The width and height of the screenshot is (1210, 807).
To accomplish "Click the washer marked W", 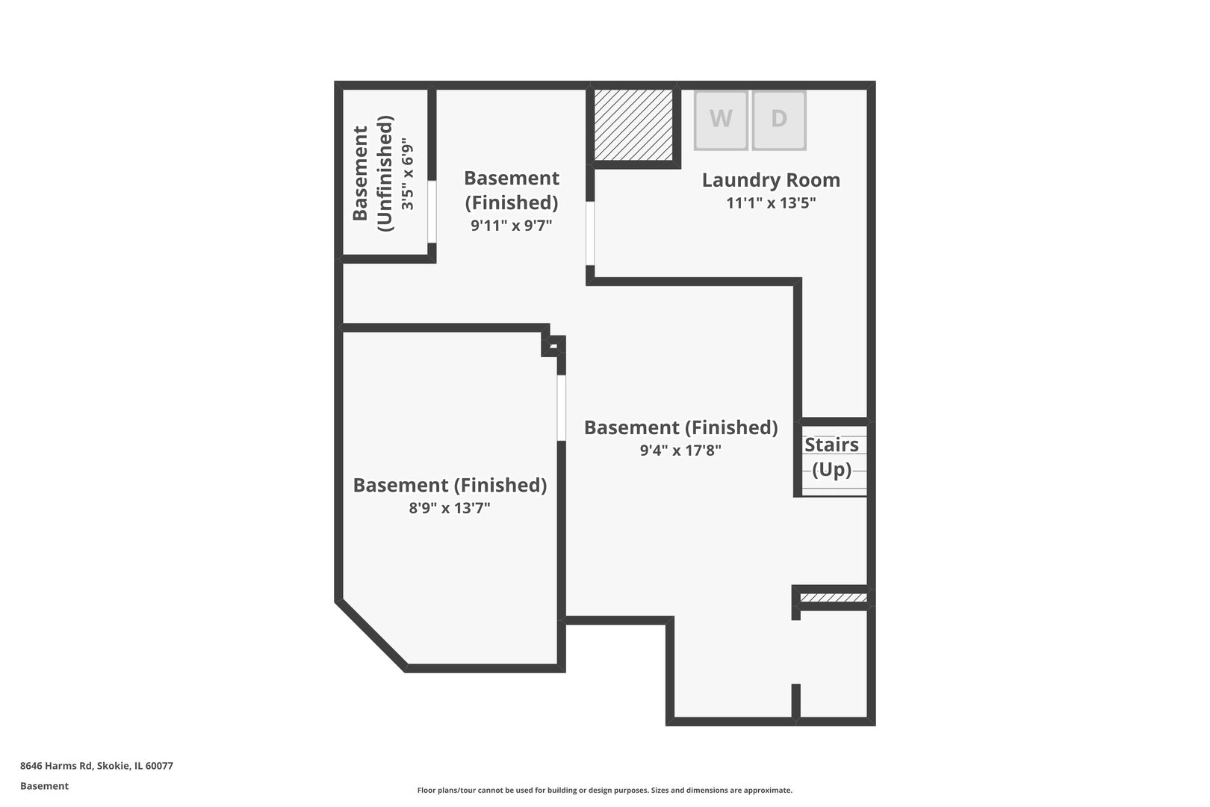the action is click(x=721, y=120).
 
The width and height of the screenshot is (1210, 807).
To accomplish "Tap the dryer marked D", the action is click(x=779, y=120).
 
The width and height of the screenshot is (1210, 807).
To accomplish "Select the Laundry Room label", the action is click(x=771, y=180).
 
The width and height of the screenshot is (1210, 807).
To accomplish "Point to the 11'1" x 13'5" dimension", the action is click(x=771, y=202).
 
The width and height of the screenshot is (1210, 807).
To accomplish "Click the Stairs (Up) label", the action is click(x=832, y=457).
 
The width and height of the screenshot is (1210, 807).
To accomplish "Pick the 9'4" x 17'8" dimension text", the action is click(x=680, y=450).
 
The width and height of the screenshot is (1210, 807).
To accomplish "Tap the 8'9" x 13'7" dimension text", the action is click(x=450, y=507).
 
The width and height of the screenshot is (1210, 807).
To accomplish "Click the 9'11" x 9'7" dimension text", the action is click(x=512, y=225).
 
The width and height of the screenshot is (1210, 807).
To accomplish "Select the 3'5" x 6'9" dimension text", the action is click(x=408, y=173).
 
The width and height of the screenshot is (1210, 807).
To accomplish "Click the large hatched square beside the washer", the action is click(x=633, y=125).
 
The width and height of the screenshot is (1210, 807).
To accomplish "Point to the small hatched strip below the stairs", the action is click(x=834, y=598).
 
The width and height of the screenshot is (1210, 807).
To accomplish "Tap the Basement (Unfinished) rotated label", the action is click(x=373, y=173).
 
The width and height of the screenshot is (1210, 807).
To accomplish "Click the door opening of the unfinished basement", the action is click(x=432, y=211).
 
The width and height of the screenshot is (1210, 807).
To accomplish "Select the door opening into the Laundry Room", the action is click(x=590, y=233).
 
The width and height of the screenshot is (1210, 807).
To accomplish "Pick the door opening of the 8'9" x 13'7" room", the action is click(x=562, y=408).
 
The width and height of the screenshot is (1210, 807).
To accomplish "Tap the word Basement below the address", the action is click(x=44, y=786).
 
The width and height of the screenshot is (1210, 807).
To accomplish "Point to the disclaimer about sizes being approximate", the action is click(x=604, y=791).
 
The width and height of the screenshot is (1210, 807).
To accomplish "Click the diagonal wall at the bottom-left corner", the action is click(x=372, y=636).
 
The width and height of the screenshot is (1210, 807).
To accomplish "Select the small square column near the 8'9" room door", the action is click(x=553, y=346).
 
